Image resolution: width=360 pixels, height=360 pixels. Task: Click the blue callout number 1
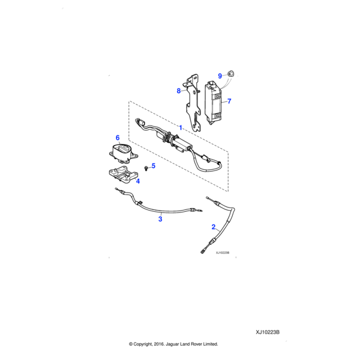tap(180, 128)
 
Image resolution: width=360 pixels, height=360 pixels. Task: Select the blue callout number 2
tap(213, 227)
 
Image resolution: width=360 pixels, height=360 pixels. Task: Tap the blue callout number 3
tap(160, 220)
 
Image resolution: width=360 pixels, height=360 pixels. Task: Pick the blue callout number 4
tap(137, 181)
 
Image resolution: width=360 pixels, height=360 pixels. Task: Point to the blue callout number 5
tap(153, 166)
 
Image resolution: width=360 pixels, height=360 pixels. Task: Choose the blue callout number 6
tap(118, 138)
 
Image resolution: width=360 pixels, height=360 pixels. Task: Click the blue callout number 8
tap(178, 91)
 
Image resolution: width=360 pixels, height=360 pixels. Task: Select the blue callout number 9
tap(220, 76)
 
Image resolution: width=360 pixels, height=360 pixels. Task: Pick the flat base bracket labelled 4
tap(121, 176)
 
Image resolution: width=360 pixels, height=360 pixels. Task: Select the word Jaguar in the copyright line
tap(176, 344)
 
